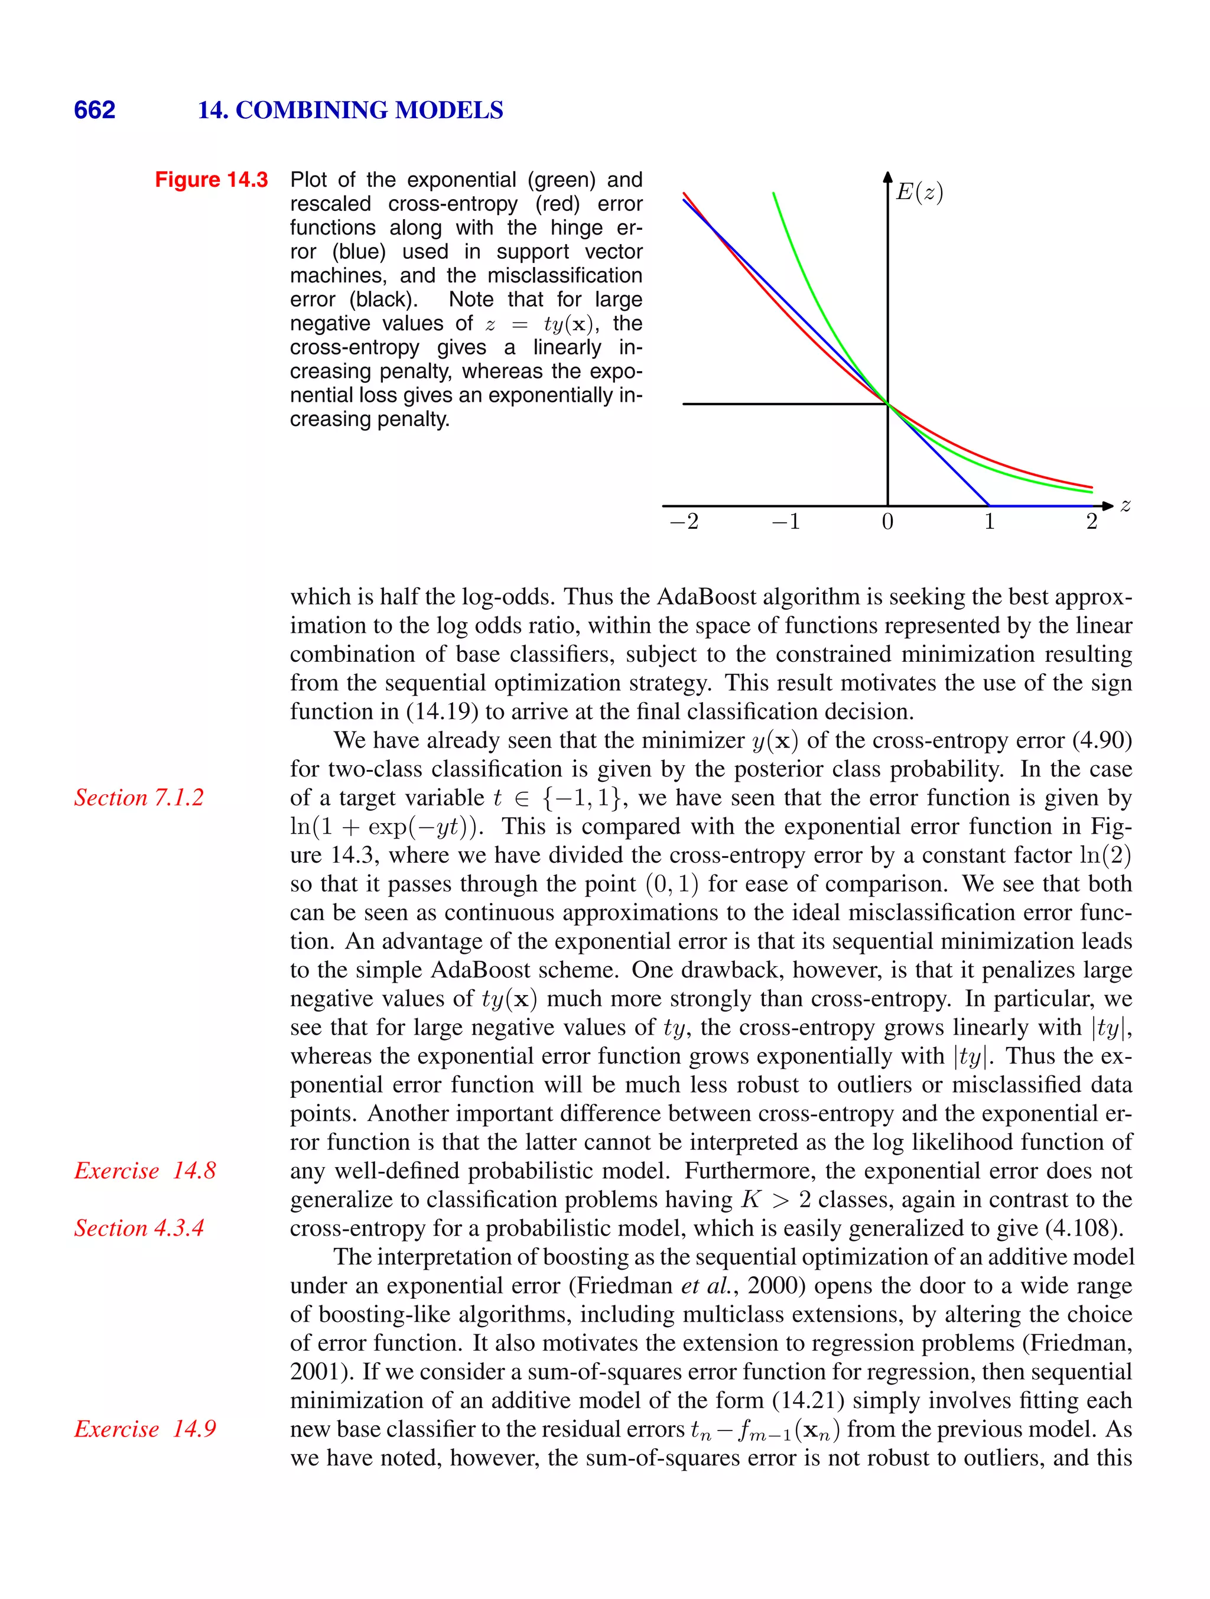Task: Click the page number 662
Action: click(95, 110)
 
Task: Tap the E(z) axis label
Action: click(919, 192)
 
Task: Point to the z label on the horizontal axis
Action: click(1126, 505)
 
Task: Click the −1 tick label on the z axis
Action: click(786, 521)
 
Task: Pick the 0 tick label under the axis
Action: click(887, 521)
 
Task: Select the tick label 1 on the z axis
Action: click(990, 521)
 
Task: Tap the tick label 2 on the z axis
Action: click(1091, 521)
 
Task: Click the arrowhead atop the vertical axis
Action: click(887, 176)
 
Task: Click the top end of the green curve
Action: click(773, 194)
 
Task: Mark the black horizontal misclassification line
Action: click(780, 404)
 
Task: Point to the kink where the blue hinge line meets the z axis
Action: click(990, 505)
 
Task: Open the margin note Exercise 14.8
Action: click(145, 1171)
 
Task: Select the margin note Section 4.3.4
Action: click(139, 1227)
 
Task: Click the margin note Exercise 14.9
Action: click(145, 1428)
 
